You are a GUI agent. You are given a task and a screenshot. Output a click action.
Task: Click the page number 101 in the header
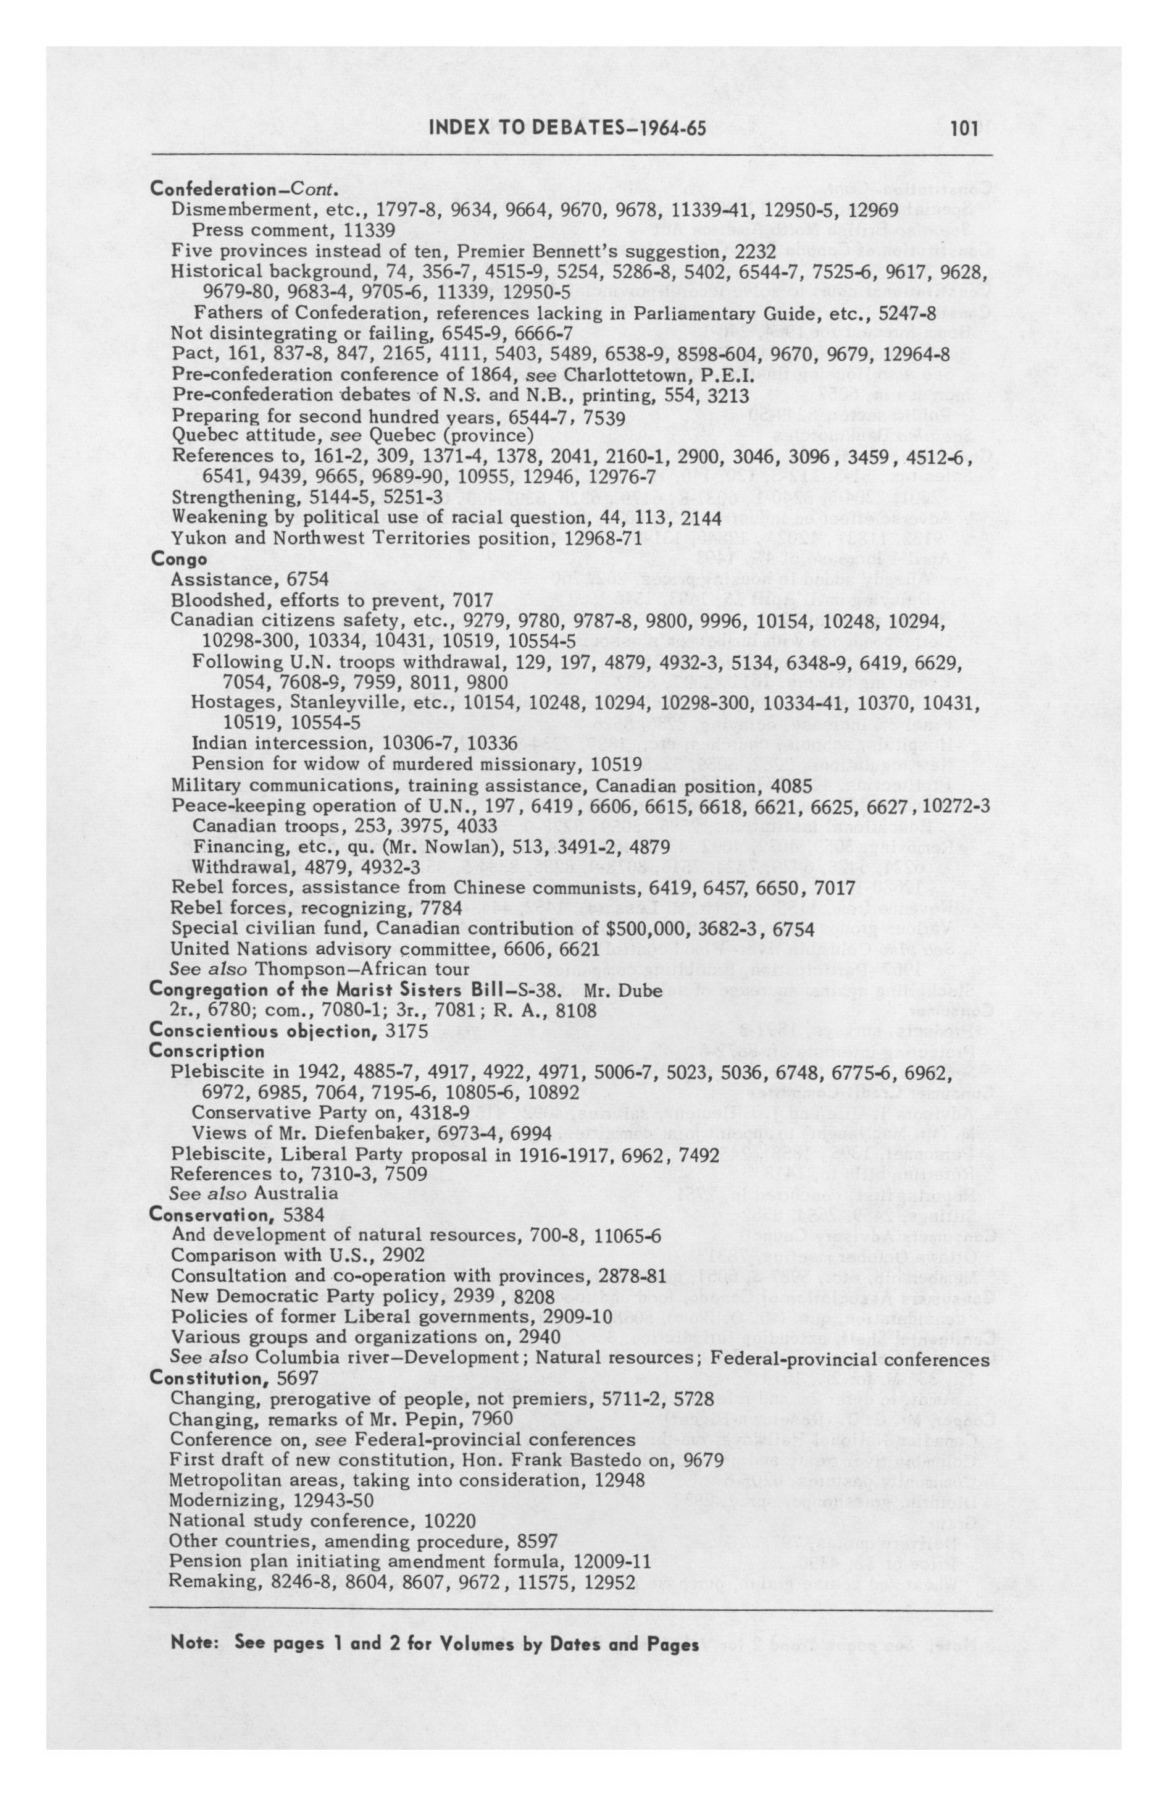[964, 129]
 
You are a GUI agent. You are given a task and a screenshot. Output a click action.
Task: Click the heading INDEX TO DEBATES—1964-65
[567, 129]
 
